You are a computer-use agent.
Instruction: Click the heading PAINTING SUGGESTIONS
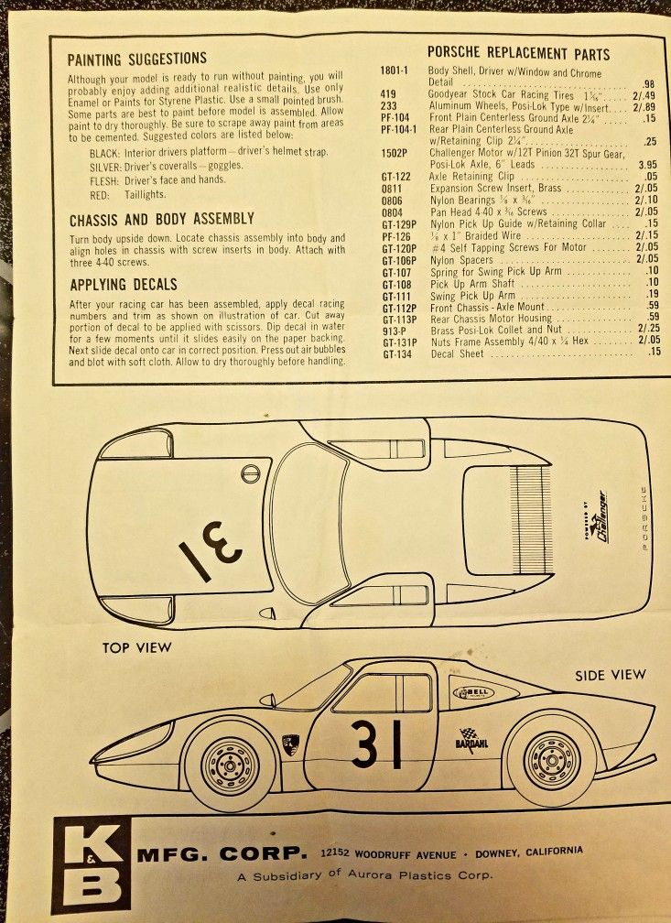[x=136, y=60]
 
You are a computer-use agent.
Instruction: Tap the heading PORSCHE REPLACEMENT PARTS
[x=518, y=53]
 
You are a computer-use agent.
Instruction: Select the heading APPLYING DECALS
[x=123, y=284]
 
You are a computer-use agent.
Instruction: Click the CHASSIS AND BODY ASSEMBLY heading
[x=161, y=220]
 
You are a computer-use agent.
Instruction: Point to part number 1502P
[x=395, y=153]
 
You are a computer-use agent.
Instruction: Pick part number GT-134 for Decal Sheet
[x=396, y=353]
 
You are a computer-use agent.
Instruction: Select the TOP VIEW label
[x=137, y=648]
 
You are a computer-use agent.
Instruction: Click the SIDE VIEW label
[x=610, y=675]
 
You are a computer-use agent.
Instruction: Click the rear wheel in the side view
[x=551, y=759]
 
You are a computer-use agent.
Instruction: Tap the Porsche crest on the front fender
[x=289, y=744]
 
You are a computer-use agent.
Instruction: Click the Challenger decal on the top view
[x=599, y=517]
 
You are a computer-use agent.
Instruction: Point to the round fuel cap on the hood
[x=250, y=473]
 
